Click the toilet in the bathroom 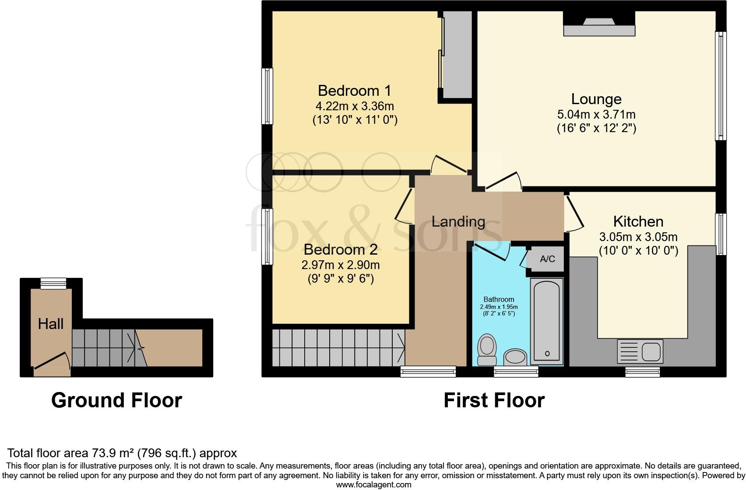click(x=487, y=350)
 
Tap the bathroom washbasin click(x=515, y=357)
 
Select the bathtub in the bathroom click(x=547, y=321)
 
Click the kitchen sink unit click(x=640, y=351)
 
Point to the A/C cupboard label click(x=548, y=259)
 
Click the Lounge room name click(x=596, y=99)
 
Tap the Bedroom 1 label click(x=354, y=91)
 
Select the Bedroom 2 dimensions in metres click(x=340, y=265)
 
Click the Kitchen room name click(x=638, y=221)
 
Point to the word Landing click(x=458, y=222)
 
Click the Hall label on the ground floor click(x=51, y=324)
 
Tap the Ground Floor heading click(x=116, y=400)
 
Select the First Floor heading click(x=494, y=400)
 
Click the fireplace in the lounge click(x=599, y=27)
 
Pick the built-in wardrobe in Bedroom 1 click(x=457, y=55)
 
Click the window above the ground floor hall click(x=53, y=283)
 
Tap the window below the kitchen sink click(x=642, y=372)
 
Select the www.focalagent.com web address click(x=374, y=485)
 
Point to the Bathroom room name click(x=499, y=299)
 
